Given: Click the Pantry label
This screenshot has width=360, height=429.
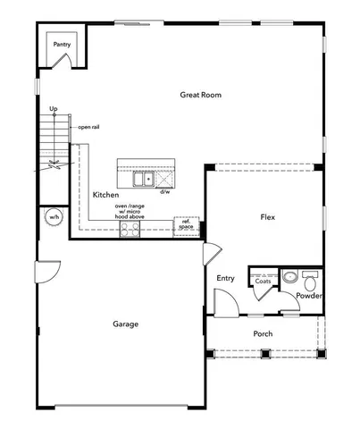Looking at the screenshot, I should (x=62, y=44).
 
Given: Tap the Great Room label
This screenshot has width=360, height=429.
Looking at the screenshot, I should (x=200, y=95).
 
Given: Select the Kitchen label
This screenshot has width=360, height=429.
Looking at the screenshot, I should (x=107, y=194).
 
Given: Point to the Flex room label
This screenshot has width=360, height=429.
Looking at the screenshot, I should (x=266, y=217).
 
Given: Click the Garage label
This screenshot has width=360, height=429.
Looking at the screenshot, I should (x=125, y=324).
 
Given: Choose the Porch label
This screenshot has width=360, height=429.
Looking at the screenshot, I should (x=263, y=334).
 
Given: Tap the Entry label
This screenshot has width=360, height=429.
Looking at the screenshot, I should (x=226, y=278).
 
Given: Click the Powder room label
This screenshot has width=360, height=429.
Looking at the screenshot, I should (x=309, y=296).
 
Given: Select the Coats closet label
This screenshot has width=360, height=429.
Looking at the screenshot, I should (x=263, y=281).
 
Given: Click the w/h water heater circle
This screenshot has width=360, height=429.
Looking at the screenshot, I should (x=54, y=217).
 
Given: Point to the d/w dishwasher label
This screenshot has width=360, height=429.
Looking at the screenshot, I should (x=165, y=191).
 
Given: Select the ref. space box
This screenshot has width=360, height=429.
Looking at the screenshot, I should (x=186, y=225).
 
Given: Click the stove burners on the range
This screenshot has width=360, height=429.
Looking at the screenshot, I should (x=130, y=230).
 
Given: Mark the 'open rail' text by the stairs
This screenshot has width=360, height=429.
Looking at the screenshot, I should (x=88, y=127).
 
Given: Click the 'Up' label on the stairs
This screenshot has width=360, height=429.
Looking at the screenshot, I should (x=54, y=109).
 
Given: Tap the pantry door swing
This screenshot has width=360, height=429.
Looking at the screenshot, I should (x=62, y=61).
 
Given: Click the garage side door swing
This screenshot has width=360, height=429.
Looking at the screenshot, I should (x=47, y=269).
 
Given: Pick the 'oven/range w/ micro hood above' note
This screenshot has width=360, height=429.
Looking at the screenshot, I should (x=131, y=211).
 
